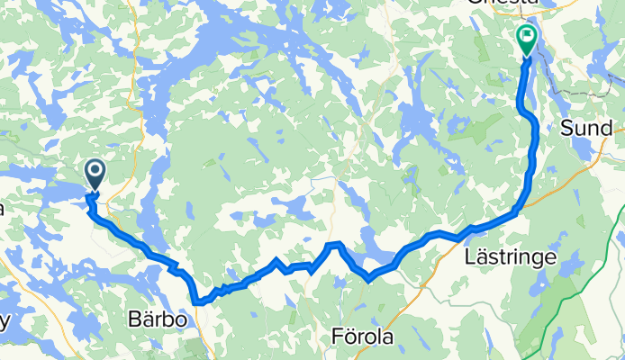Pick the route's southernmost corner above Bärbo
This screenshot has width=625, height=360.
(x=197, y=302)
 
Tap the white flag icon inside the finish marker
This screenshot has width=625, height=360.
(x=526, y=36)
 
